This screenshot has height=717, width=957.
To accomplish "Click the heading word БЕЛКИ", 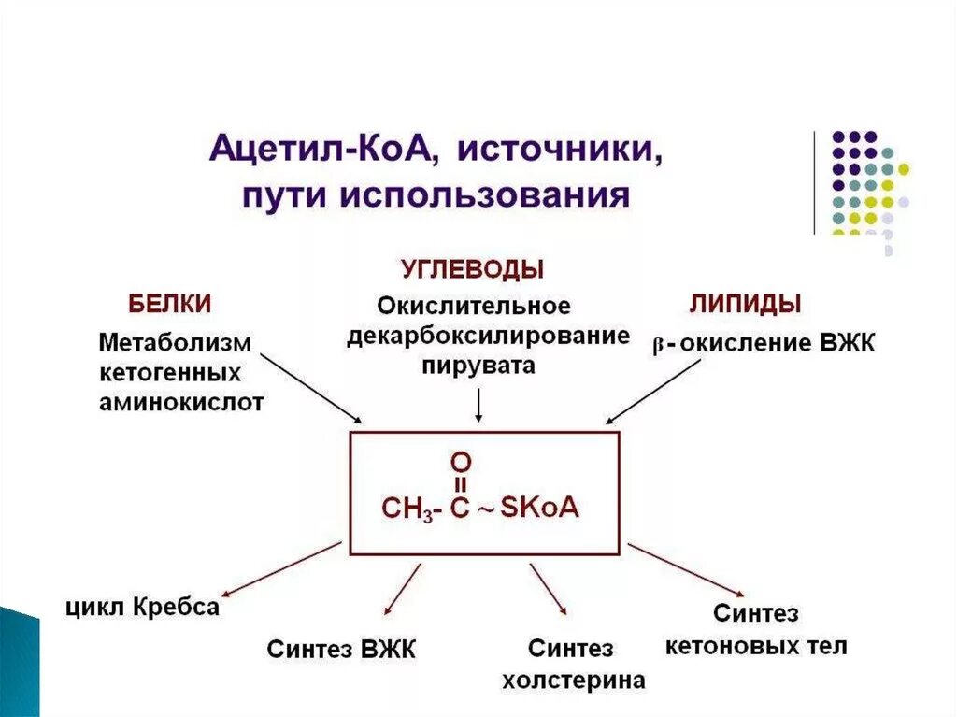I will [169, 304].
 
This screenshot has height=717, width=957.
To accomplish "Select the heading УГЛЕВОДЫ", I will [472, 270].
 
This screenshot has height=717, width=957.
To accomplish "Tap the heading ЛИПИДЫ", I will [746, 304].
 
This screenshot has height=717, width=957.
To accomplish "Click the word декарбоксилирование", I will [488, 336].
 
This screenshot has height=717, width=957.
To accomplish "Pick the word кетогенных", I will [170, 373].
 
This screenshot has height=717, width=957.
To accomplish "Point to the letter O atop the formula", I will [461, 461].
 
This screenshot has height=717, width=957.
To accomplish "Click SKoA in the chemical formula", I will [540, 508].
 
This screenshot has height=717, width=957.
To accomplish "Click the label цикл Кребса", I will [142, 607].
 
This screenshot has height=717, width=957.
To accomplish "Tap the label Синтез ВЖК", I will [341, 649].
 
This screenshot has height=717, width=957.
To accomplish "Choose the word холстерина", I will [573, 680].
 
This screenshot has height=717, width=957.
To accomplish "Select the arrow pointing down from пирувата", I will [478, 404].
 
